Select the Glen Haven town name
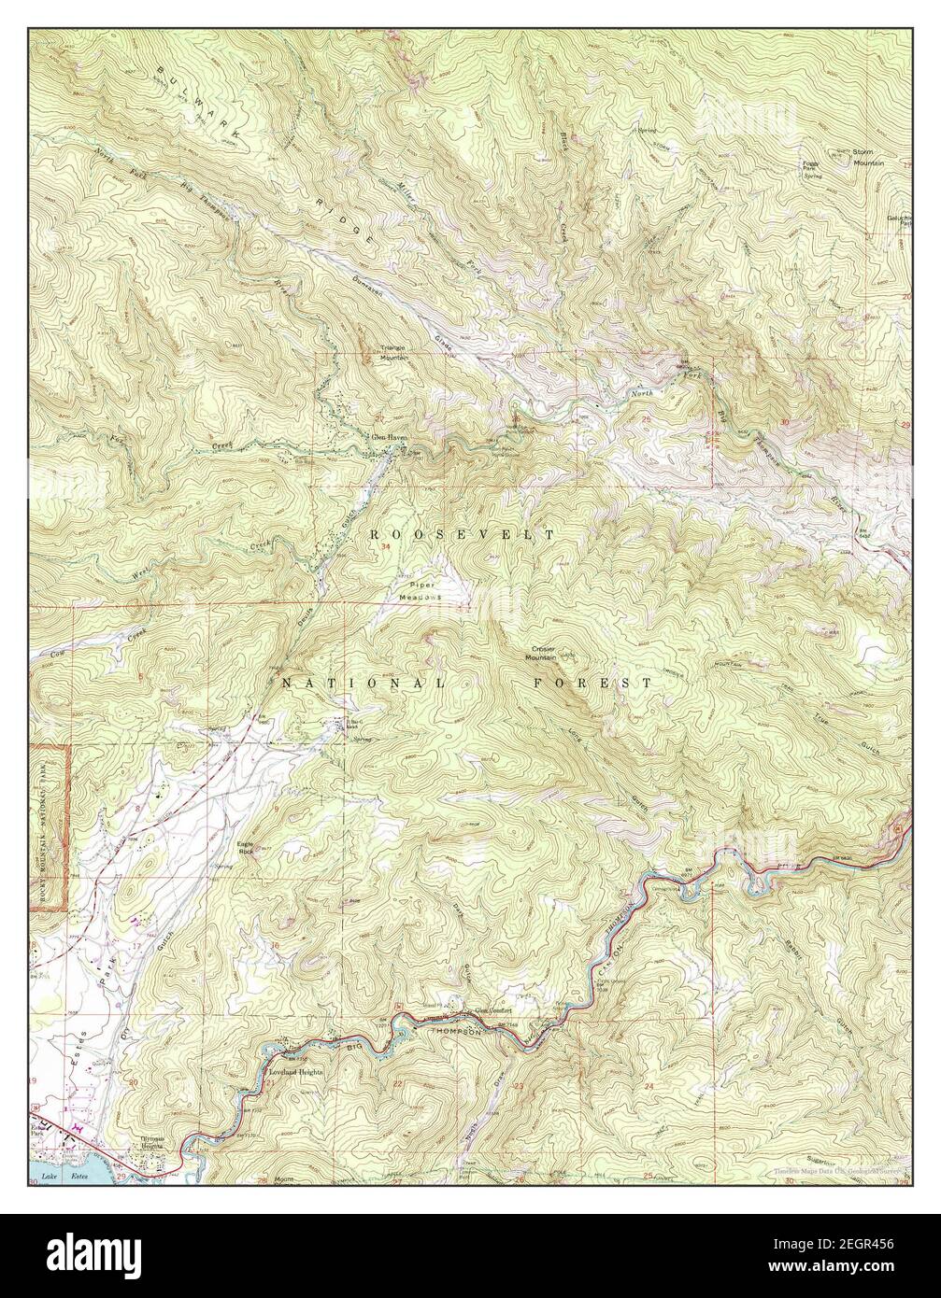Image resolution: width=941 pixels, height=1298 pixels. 387,436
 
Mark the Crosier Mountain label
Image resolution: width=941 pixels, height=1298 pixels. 549,653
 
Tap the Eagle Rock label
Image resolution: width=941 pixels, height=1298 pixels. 246,850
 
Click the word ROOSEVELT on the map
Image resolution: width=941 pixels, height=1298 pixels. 463,534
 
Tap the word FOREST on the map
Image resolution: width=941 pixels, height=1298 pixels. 593,684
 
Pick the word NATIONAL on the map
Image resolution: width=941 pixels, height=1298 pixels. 364,684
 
